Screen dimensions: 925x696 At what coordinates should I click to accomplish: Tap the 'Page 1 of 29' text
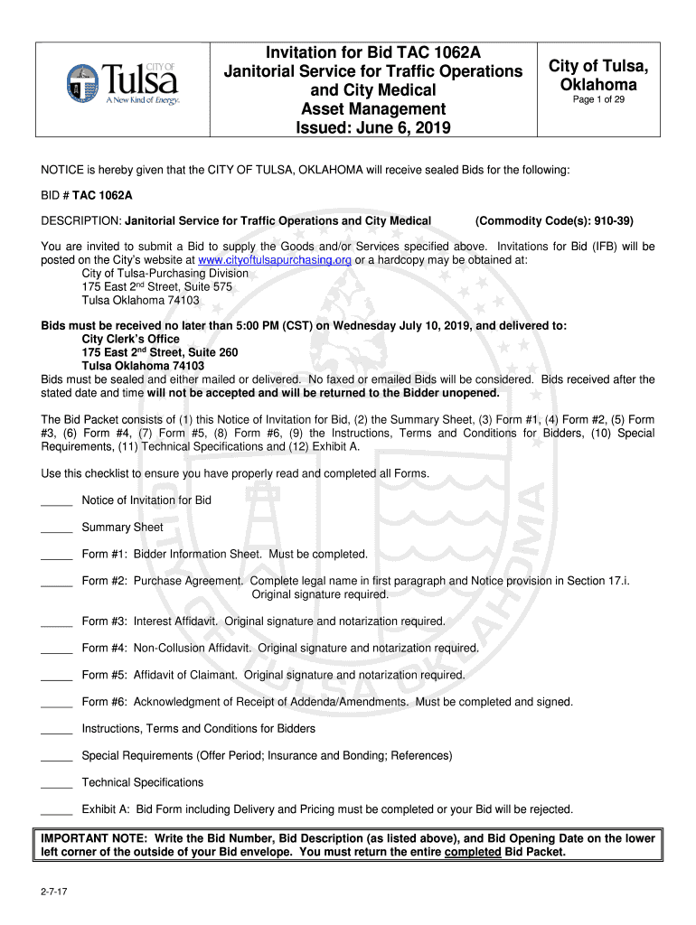pos(598,100)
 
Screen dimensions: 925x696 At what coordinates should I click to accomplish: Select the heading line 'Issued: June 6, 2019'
pos(374,128)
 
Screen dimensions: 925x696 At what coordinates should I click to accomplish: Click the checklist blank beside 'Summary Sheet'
pos(56,528)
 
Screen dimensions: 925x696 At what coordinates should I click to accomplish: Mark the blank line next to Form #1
pos(56,555)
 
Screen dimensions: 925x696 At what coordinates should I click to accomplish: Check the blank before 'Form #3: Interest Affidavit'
pos(56,621)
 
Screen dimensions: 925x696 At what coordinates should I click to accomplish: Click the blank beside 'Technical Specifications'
pos(56,782)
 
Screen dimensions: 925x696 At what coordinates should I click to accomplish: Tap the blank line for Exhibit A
pos(56,809)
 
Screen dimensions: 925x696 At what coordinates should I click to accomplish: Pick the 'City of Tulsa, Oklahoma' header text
pos(598,76)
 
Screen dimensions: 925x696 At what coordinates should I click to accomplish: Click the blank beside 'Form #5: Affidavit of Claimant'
pos(56,675)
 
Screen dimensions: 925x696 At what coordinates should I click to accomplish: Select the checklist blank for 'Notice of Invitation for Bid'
pos(56,500)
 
